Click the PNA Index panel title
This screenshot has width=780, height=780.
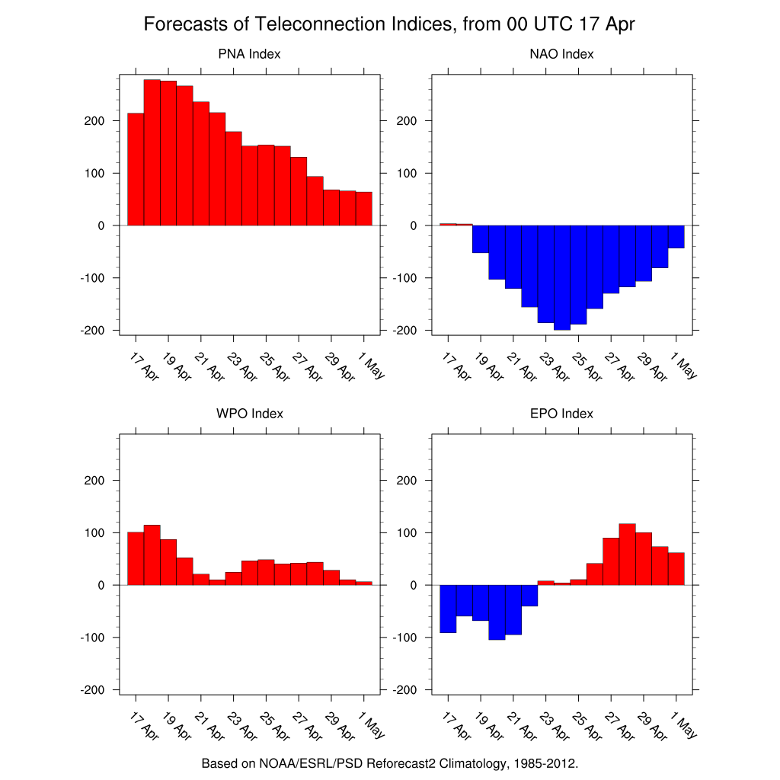pyautogui.click(x=249, y=54)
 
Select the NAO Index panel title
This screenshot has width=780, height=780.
pyautogui.click(x=561, y=54)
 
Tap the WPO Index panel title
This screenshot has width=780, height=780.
pyautogui.click(x=249, y=414)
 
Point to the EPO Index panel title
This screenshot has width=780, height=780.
pyautogui.click(x=561, y=414)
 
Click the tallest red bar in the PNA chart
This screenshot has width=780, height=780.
pyautogui.click(x=152, y=152)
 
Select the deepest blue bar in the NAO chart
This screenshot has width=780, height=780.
pyautogui.click(x=561, y=277)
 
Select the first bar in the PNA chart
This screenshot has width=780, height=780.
pyautogui.click(x=136, y=169)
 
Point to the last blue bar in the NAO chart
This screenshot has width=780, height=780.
pyautogui.click(x=676, y=236)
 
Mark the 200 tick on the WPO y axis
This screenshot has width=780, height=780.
pyautogui.click(x=95, y=481)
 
